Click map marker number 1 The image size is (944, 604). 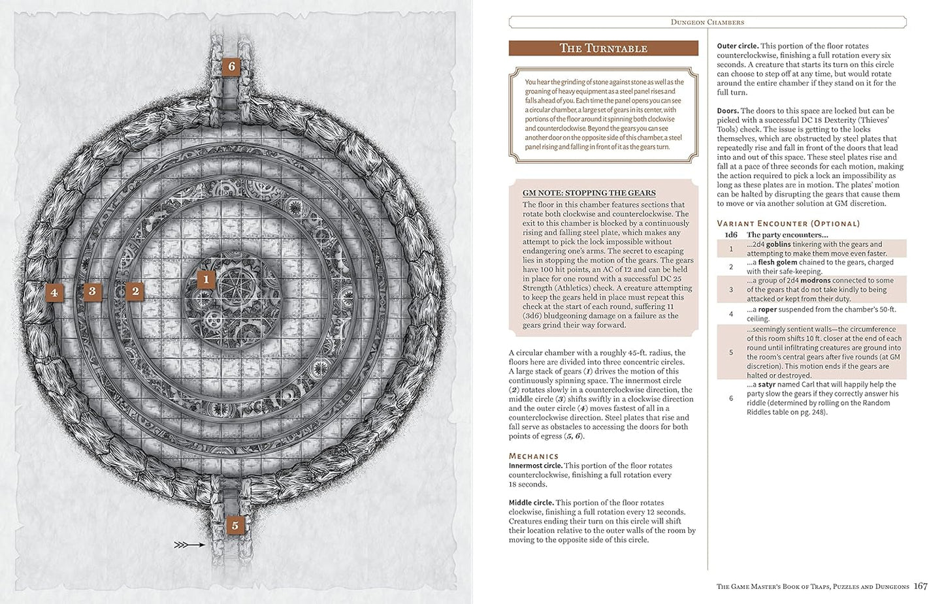pyautogui.click(x=206, y=280)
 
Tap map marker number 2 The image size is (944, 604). pyautogui.click(x=135, y=291)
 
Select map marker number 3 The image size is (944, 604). pyautogui.click(x=92, y=291)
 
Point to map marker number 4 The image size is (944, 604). pyautogui.click(x=54, y=293)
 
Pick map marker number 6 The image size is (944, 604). pyautogui.click(x=231, y=66)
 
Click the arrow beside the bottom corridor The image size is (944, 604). pyautogui.click(x=190, y=544)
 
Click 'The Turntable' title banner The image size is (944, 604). pyautogui.click(x=603, y=48)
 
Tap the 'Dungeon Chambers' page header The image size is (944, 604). pyautogui.click(x=707, y=22)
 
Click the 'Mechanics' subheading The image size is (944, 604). pyautogui.click(x=534, y=456)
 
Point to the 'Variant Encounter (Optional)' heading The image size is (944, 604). pyautogui.click(x=788, y=223)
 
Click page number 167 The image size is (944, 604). pyautogui.click(x=920, y=586)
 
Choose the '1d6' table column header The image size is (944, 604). pyautogui.click(x=731, y=234)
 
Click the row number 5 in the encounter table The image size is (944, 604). pyautogui.click(x=731, y=352)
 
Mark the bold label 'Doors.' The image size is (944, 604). pyautogui.click(x=728, y=111)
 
